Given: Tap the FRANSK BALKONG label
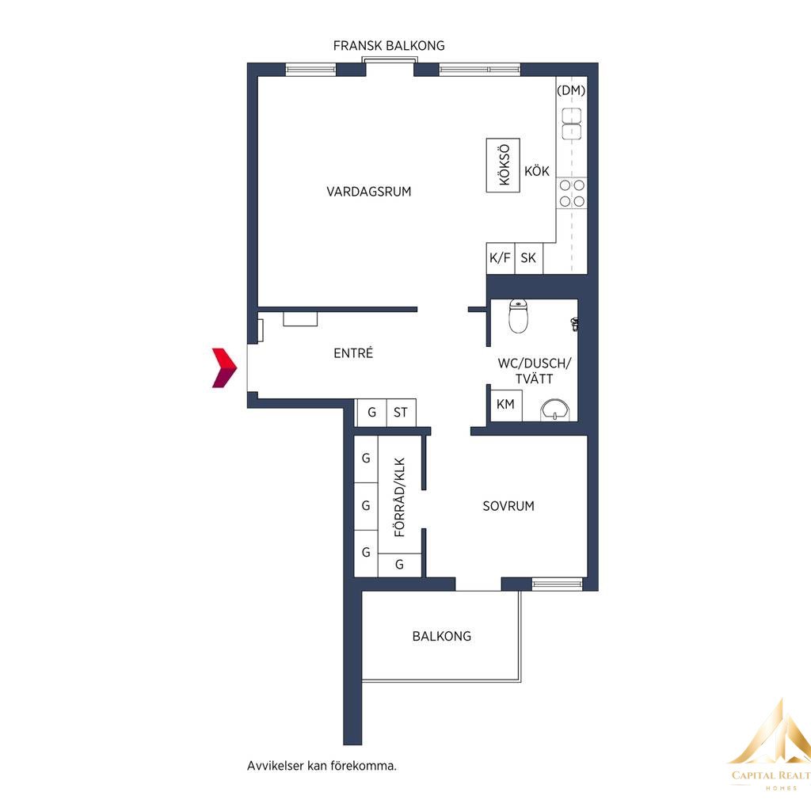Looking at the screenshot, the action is pos(389,46).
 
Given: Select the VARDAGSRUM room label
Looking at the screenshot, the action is pos(369,192).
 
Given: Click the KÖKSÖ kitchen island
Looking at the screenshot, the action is pos(503,165).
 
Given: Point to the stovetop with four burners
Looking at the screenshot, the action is pos(572,193).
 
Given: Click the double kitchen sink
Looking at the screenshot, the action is pos(572,124).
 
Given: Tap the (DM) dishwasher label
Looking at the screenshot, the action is pos(571,90).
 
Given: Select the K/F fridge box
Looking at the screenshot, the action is pos(501,258).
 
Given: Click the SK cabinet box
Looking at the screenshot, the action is pos(528,258).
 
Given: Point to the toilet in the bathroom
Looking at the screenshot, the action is pos(518,316).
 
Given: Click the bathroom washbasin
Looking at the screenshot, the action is pos(555,409).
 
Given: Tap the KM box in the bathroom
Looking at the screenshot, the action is pos(505,405).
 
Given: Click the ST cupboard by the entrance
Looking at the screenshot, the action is pos(401,413).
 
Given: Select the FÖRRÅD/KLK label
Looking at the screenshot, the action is pos(400,497).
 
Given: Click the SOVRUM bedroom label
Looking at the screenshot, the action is pos(508,506).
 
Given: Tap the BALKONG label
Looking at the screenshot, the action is pos(442,636).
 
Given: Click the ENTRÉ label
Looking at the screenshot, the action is pos(353,353).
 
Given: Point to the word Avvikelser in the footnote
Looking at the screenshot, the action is pos(275,766).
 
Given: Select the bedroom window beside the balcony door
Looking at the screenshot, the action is pos(557,584).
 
